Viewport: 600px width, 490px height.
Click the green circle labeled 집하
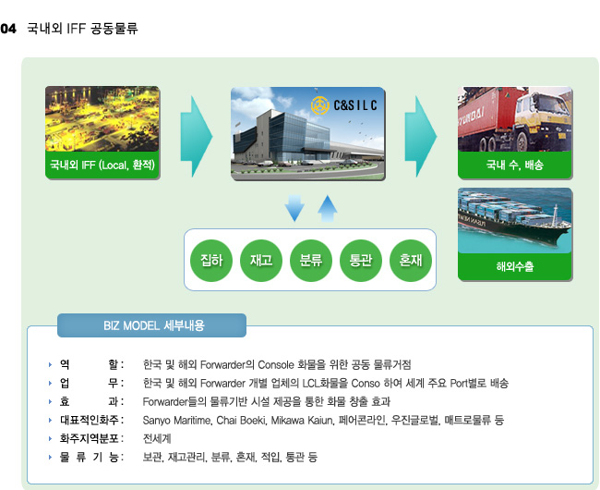211,261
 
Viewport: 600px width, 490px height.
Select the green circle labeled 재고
261,261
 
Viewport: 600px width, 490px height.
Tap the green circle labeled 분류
311,261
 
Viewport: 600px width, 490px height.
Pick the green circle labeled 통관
360,261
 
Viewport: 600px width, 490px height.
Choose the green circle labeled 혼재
411,261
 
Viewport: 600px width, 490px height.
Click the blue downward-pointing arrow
294,208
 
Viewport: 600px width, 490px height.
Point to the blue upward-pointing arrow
328,209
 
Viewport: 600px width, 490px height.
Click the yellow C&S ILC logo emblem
320,105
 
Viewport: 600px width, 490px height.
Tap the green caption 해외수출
515,266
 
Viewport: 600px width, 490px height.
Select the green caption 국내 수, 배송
515,165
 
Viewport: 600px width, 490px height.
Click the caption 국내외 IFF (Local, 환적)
102,165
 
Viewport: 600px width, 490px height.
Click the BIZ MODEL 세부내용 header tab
151,325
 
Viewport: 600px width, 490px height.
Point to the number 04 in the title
8,29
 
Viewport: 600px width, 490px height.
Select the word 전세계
157,438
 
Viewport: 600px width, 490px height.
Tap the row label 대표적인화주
90,420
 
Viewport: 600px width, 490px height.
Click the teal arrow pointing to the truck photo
421,137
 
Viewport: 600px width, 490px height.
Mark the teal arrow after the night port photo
197,137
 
